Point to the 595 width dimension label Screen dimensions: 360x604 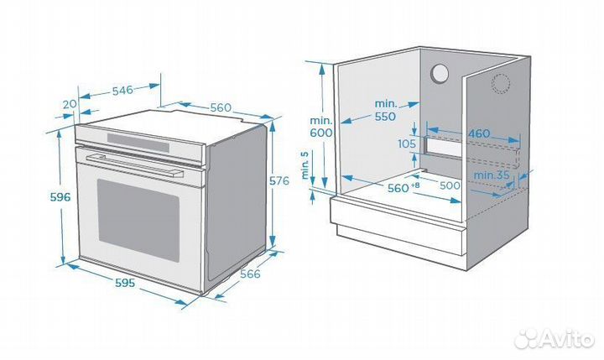click(125, 283)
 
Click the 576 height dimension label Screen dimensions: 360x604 click(279, 180)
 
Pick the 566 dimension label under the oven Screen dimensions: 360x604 click(250, 274)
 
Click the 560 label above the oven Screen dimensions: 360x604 click(221, 107)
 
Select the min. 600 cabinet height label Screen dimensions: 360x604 click(320, 127)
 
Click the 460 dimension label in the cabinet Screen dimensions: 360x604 click(479, 133)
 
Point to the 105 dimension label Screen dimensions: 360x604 click(407, 143)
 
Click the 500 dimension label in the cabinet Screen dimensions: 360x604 click(451, 185)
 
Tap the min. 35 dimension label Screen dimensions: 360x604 click(492, 175)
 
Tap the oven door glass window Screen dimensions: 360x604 click(138, 217)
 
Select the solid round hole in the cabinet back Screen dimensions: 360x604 click(440, 74)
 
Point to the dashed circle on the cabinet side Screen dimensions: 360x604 click(501, 84)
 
